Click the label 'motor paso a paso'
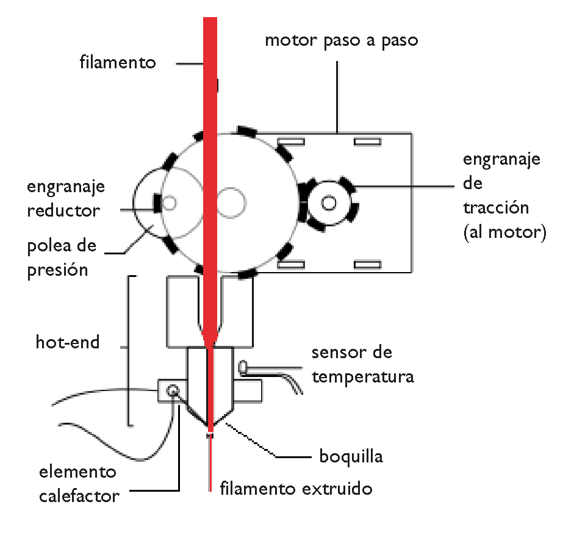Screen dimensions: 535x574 (341, 41)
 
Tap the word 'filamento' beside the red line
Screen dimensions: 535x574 (118, 62)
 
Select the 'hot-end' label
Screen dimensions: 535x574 (67, 342)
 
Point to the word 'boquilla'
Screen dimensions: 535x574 (351, 456)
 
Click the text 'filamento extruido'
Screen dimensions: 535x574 (296, 489)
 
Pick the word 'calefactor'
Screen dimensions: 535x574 (79, 495)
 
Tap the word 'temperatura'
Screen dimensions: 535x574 (362, 376)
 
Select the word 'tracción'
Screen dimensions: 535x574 (495, 207)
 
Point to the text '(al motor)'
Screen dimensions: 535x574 (504, 232)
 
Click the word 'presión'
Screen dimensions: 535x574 (57, 270)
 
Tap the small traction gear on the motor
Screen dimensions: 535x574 (330, 203)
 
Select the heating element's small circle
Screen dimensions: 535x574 (173, 390)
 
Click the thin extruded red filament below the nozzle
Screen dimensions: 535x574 (210, 464)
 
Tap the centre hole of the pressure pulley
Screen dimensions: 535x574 (170, 202)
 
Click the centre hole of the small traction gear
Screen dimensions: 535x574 (330, 203)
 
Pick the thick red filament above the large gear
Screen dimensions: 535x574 (210, 73)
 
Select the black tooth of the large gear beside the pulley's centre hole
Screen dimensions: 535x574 (157, 202)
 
